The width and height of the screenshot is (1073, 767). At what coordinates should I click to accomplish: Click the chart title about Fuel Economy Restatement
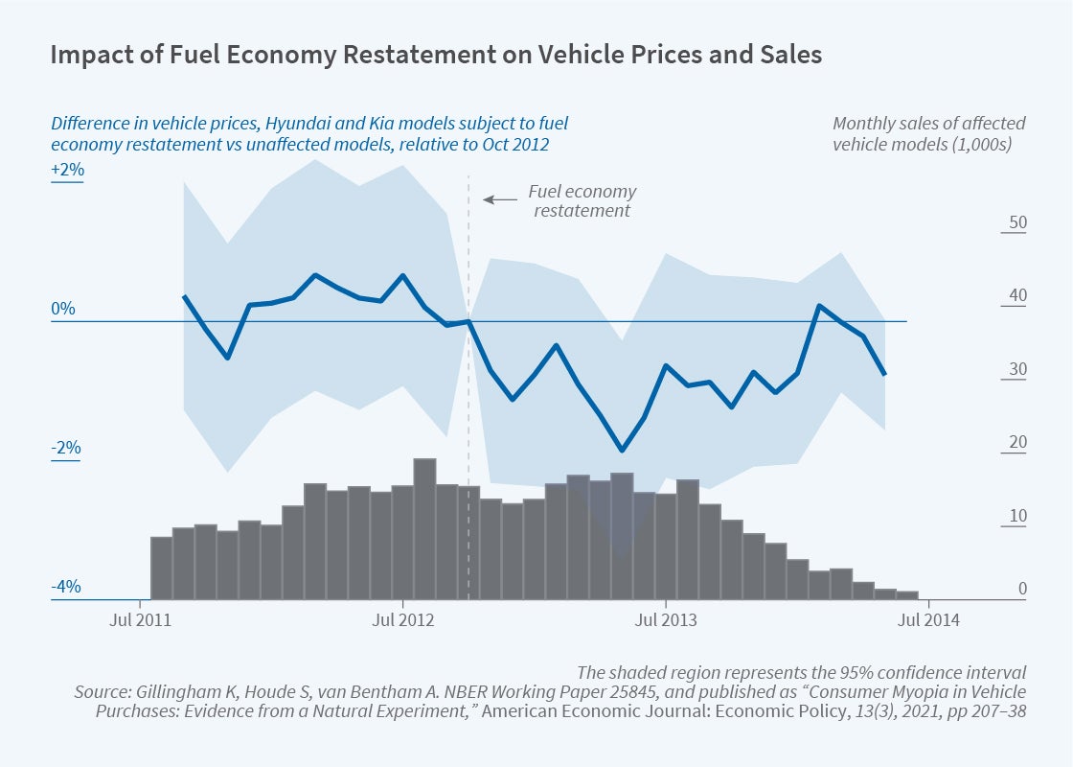(x=436, y=55)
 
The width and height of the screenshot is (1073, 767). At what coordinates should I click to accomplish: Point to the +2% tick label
(x=68, y=171)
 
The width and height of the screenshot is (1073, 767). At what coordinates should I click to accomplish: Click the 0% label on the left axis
(x=63, y=310)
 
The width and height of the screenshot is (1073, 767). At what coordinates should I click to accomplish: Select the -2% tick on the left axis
(x=66, y=449)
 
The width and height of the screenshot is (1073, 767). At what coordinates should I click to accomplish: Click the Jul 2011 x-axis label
(x=140, y=619)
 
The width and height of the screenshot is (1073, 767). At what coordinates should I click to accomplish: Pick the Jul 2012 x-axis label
(x=403, y=619)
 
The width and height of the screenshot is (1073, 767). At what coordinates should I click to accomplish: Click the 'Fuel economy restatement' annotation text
(x=582, y=200)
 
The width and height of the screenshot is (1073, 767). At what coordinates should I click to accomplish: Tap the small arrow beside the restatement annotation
(x=499, y=199)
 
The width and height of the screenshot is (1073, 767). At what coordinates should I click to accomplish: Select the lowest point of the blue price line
(x=622, y=450)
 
